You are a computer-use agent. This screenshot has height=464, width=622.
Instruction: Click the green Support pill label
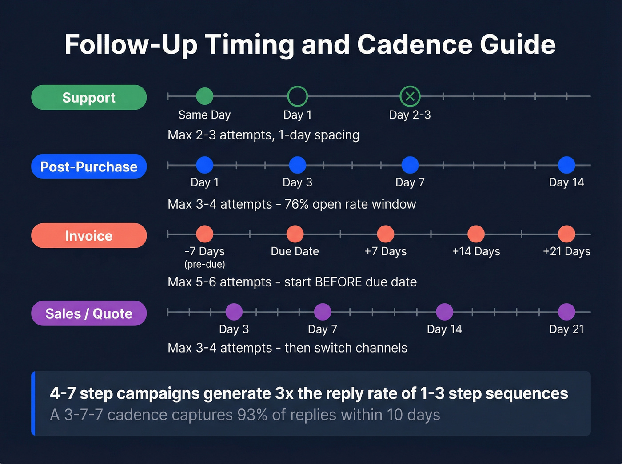(x=89, y=97)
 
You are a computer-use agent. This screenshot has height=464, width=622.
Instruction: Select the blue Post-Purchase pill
(x=89, y=167)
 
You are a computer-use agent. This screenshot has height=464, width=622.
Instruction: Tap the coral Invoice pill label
(x=89, y=236)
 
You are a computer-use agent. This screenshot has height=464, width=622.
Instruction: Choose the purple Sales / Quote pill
(x=89, y=313)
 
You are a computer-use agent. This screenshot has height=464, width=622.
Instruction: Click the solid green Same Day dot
(x=204, y=96)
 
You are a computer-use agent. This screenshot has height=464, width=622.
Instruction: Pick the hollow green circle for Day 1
(x=297, y=96)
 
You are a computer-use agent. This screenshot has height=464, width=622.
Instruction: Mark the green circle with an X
(x=410, y=96)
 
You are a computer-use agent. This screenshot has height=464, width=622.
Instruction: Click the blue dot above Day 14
(x=566, y=165)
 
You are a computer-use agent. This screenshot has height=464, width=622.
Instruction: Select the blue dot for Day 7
(x=410, y=165)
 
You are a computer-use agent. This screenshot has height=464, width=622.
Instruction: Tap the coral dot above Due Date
(x=295, y=234)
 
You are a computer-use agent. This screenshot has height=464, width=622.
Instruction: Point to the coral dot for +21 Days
(x=566, y=234)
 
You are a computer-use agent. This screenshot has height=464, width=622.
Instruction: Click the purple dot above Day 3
(x=234, y=312)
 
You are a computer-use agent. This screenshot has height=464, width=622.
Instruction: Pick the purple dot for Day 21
(x=566, y=312)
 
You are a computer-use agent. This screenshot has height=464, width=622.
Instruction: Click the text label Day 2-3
(x=410, y=115)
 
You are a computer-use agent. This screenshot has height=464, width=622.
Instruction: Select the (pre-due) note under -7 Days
(x=205, y=264)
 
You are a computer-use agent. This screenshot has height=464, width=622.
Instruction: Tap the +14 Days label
(x=476, y=251)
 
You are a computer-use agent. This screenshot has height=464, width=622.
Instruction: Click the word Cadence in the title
(x=415, y=44)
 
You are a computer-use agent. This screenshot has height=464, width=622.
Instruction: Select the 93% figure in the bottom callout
(x=252, y=415)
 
